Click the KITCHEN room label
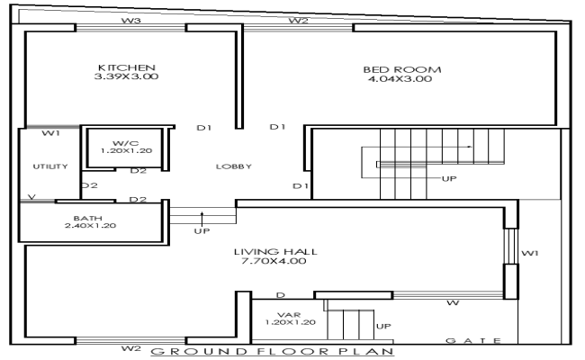click(x=127, y=67)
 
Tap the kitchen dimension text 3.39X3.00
click(x=127, y=78)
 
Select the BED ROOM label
click(x=400, y=68)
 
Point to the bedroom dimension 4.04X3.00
click(x=400, y=79)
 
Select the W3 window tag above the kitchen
click(x=130, y=20)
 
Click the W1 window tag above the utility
click(x=50, y=134)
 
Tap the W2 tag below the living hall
click(x=130, y=347)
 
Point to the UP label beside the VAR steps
click(x=382, y=325)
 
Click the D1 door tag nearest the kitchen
click(x=203, y=128)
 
